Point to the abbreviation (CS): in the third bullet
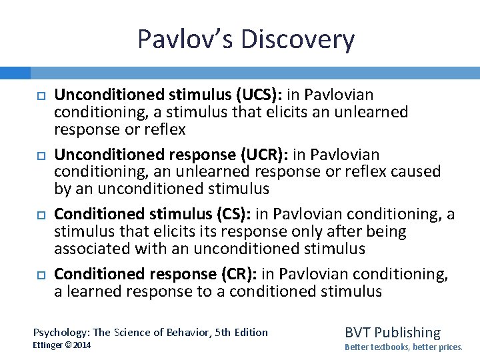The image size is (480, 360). (227, 215)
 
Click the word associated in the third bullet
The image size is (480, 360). (90, 249)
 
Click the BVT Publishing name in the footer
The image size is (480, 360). (393, 332)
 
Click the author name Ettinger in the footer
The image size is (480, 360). (47, 345)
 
